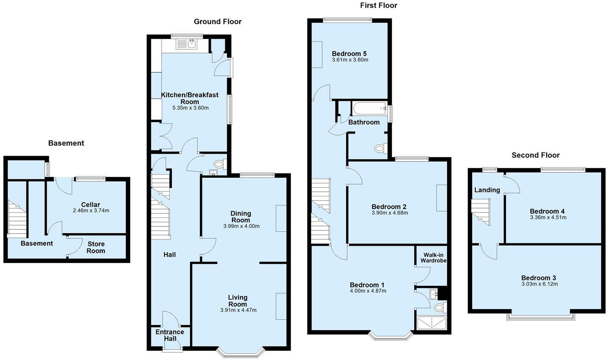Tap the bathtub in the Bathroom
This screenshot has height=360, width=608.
tap(370, 109)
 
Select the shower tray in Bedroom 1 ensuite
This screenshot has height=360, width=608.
tap(431, 323)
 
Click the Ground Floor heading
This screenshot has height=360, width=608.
tap(217, 22)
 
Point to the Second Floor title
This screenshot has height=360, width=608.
tap(535, 155)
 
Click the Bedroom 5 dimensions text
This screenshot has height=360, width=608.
tap(350, 60)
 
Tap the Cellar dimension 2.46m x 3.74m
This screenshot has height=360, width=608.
tap(91, 211)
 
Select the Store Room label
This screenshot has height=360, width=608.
tap(96, 248)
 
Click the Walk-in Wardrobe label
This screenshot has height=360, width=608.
tap(433, 258)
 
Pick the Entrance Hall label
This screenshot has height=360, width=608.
tap(170, 335)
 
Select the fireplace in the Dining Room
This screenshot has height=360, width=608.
tap(281, 218)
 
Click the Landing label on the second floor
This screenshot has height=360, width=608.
tap(487, 190)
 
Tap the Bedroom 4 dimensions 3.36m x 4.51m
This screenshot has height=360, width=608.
tap(548, 218)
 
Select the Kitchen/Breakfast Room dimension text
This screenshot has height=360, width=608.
tap(191, 108)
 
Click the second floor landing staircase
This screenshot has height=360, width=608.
tap(481, 212)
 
